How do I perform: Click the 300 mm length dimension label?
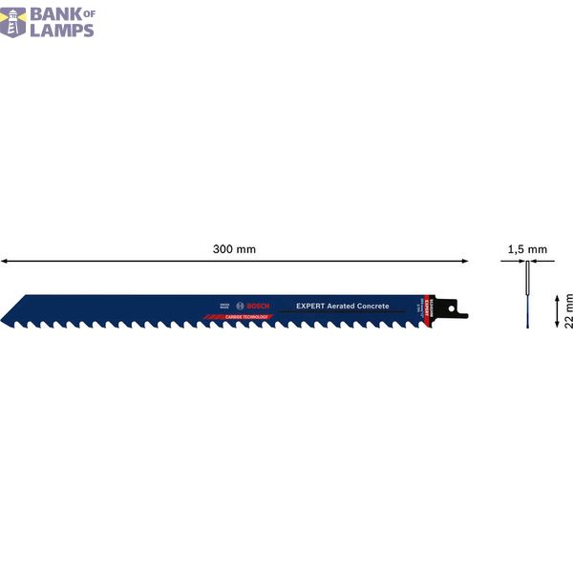234,249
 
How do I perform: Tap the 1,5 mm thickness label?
527,249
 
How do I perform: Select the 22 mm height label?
567,311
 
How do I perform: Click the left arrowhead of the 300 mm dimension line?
5,260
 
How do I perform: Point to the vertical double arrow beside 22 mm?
556,311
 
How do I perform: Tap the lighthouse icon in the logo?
13,21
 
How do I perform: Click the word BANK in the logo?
59,13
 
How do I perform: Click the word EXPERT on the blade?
311,306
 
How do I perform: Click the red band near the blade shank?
430,308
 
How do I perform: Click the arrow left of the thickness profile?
508,260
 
